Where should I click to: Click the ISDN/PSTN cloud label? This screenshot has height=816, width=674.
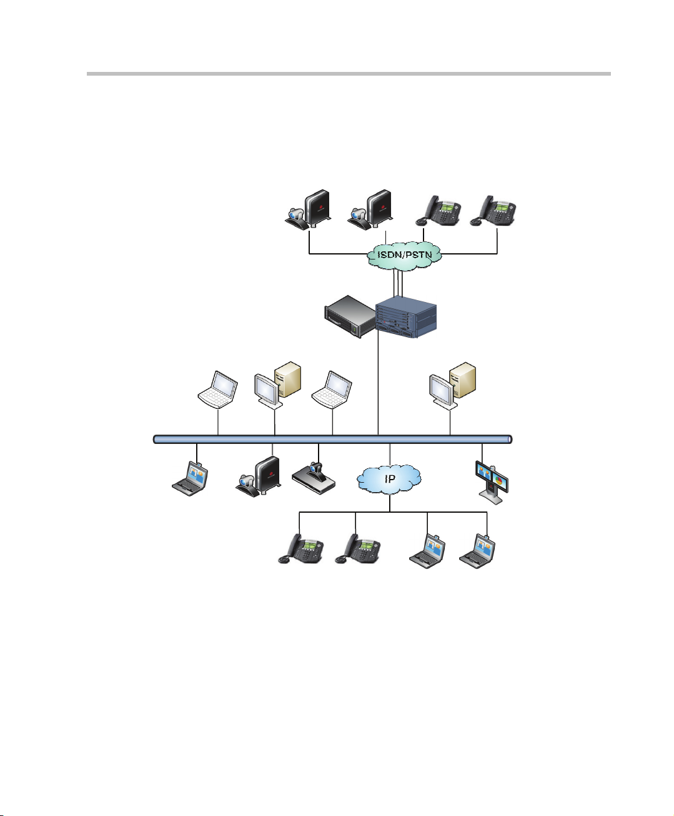pos(405,255)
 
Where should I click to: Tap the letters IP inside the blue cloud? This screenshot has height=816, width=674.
pos(390,479)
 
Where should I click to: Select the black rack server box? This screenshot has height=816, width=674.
pos(350,316)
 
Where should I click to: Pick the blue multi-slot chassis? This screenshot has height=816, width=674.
pos(406,317)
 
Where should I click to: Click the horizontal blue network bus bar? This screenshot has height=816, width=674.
pos(333,439)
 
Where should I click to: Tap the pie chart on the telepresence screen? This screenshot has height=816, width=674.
pos(499,480)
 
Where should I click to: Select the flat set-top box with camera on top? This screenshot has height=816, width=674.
pos(314,478)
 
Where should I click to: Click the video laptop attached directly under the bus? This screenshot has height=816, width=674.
pos(190,479)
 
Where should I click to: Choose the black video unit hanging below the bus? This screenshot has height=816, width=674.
pos(258,476)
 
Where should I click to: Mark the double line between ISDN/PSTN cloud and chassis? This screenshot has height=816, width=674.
pos(398,283)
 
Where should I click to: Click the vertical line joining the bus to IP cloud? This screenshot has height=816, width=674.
pos(390,455)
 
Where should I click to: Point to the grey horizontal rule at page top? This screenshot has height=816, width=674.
pos(349,74)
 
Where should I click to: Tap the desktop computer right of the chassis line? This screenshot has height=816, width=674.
pos(453,386)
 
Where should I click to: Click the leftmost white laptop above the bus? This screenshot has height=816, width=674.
pos(218,390)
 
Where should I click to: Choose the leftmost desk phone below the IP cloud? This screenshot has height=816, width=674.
pos(300,548)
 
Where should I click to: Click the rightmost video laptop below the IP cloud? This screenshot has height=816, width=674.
pos(478,551)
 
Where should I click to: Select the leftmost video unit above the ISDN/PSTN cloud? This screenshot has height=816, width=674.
pos(308,210)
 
